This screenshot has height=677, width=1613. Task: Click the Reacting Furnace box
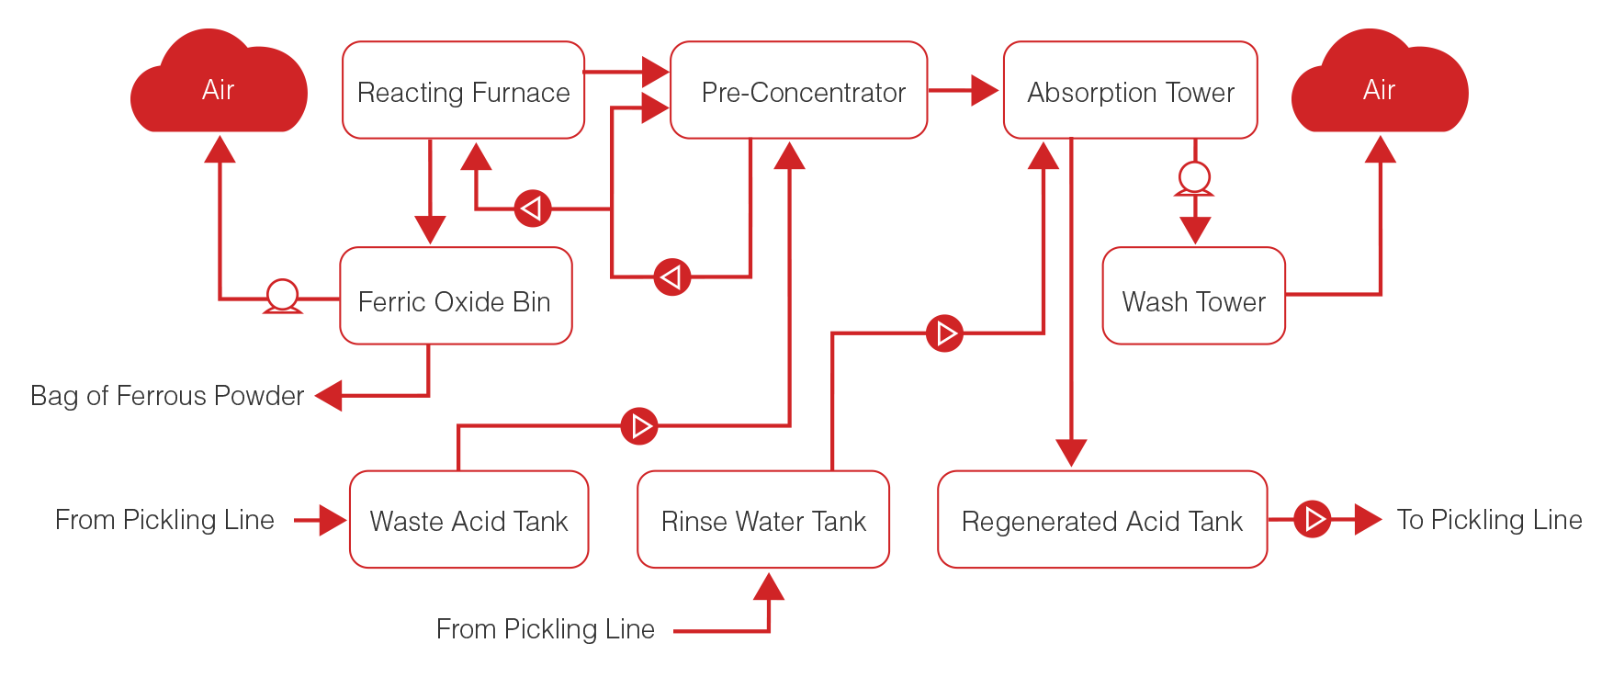463,90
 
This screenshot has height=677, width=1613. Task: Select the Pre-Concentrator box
799,90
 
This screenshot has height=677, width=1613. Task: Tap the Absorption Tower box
1130,90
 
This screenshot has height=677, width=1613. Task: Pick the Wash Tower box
1193,296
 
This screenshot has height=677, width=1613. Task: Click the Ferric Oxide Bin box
456,296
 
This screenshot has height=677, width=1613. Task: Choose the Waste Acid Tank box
468,520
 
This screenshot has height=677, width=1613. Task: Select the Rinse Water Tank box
763,520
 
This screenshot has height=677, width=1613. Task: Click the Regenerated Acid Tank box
1102,520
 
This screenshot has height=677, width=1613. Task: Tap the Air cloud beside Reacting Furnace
219,86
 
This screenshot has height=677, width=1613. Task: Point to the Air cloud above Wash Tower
1380,86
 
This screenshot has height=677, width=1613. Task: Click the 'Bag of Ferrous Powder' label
167,396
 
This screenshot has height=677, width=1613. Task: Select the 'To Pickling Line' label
1489,520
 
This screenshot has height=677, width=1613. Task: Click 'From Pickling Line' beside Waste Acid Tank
164,520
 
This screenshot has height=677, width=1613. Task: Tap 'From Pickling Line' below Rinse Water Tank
545,629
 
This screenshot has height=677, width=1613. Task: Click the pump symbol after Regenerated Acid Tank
1313,520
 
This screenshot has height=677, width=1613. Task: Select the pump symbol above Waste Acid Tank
639,426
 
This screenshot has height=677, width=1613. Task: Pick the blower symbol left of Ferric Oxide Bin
282,297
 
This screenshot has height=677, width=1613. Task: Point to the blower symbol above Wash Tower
1194,178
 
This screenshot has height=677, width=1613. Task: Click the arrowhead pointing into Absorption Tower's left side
985,90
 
